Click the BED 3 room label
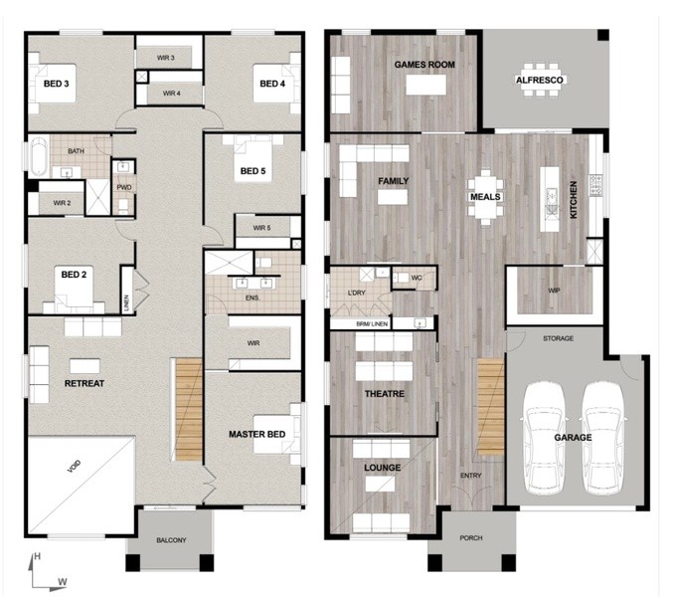[x=57, y=84]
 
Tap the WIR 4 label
[x=172, y=94]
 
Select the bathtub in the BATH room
[x=39, y=155]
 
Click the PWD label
[x=124, y=187]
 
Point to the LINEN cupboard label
[x=126, y=302]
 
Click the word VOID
[x=74, y=467]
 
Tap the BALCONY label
[x=171, y=540]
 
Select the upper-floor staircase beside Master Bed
[x=189, y=410]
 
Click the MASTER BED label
[x=257, y=435]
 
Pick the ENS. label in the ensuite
[x=253, y=298]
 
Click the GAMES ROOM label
[x=424, y=65]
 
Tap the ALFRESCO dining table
[x=540, y=80]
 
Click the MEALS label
[x=485, y=197]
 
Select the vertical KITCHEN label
[x=573, y=200]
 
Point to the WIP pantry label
[x=554, y=291]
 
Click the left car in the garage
[x=543, y=438]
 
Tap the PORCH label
[x=471, y=538]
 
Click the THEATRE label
[x=385, y=394]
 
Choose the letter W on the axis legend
[x=63, y=582]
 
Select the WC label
[x=417, y=278]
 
